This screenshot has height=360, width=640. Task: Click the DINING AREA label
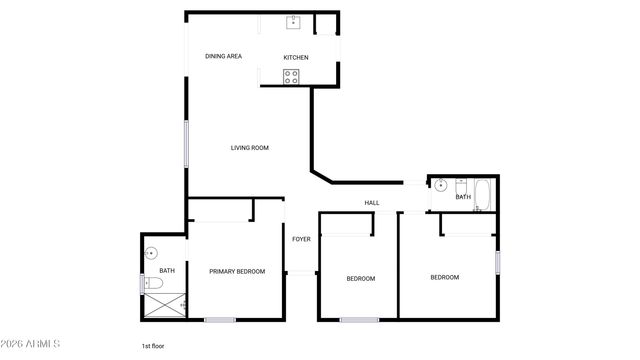coord(224,56)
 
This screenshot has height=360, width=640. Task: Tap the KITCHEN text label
coord(296,57)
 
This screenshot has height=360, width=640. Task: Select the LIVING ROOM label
coord(250,148)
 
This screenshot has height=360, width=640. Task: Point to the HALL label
coord(372,203)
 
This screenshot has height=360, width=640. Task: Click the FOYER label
coord(301,239)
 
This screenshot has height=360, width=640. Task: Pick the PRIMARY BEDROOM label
coord(237,271)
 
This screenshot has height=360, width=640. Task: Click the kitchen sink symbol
coord(295,22)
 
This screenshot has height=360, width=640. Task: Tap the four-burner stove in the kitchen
coord(293,77)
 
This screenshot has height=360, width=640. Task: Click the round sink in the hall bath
coord(440,185)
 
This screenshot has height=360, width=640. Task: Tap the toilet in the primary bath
coord(153,284)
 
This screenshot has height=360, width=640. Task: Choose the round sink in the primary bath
coord(152,253)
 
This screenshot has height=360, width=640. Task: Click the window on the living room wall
coord(186,142)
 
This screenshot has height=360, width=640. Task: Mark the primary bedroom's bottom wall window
coord(220,320)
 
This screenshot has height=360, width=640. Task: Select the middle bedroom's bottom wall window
coord(359,320)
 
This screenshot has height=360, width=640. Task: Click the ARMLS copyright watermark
coord(32,345)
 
